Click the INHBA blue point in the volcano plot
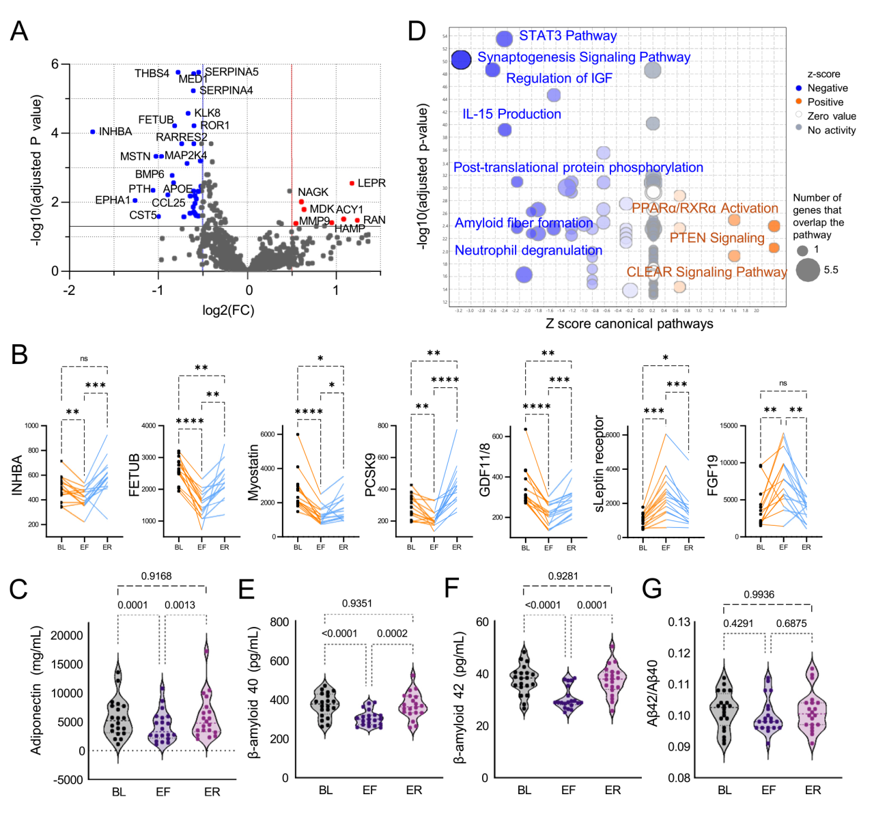click(93, 132)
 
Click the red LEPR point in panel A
click(352, 183)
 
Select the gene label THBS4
click(152, 73)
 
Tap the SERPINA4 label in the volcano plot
click(226, 90)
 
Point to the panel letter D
click(416, 31)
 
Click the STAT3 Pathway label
click(567, 36)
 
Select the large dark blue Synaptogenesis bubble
click(462, 60)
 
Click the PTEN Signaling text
click(716, 238)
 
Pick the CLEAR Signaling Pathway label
click(706, 272)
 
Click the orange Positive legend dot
click(799, 101)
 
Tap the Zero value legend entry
click(831, 116)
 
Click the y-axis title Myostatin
click(253, 472)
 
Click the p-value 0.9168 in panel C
click(156, 576)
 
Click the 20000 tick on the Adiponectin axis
click(67, 636)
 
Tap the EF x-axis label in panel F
click(568, 790)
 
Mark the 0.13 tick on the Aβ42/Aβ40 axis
click(678, 622)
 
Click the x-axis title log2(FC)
click(228, 311)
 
